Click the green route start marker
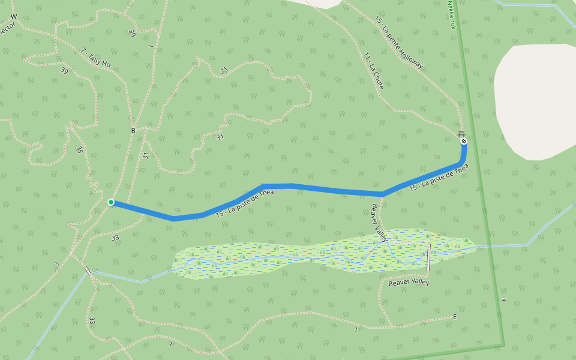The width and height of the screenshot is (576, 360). click(x=111, y=202)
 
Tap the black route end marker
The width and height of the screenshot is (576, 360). click(x=464, y=141)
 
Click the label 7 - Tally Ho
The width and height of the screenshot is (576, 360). click(x=95, y=58)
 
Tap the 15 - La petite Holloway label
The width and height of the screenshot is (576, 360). click(x=398, y=43)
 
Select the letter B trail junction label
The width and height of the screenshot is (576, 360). click(x=133, y=130)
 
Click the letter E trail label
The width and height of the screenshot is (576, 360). click(x=455, y=316)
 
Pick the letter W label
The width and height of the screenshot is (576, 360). click(x=13, y=16)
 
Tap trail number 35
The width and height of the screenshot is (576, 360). click(x=79, y=149)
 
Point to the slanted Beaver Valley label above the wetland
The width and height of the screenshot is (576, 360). click(x=380, y=223)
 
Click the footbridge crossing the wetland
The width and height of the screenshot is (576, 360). click(x=429, y=257)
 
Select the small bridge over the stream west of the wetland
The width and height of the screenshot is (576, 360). click(x=89, y=271)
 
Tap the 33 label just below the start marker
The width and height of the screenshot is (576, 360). click(x=115, y=238)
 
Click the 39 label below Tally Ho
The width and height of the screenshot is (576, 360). click(x=64, y=70)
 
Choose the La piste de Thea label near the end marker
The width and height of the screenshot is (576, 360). click(x=438, y=179)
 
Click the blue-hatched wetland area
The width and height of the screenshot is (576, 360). click(x=288, y=255)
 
